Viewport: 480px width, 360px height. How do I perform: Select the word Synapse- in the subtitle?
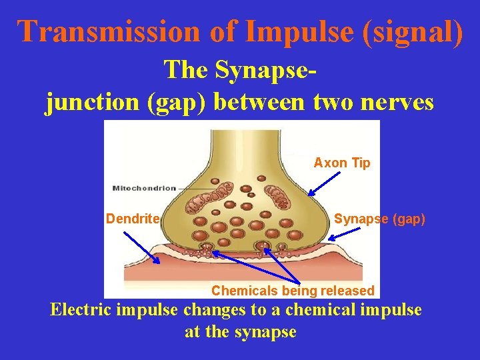pos(240,69)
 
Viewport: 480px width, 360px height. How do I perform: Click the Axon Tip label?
pos(342,163)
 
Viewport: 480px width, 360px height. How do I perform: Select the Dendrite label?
pos(133,219)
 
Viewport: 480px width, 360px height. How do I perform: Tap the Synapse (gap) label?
pos(379,219)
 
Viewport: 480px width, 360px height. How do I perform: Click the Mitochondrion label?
pos(144,188)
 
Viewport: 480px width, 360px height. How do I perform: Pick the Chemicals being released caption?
pos(293,291)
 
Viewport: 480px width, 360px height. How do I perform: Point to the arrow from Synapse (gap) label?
pos(347,233)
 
